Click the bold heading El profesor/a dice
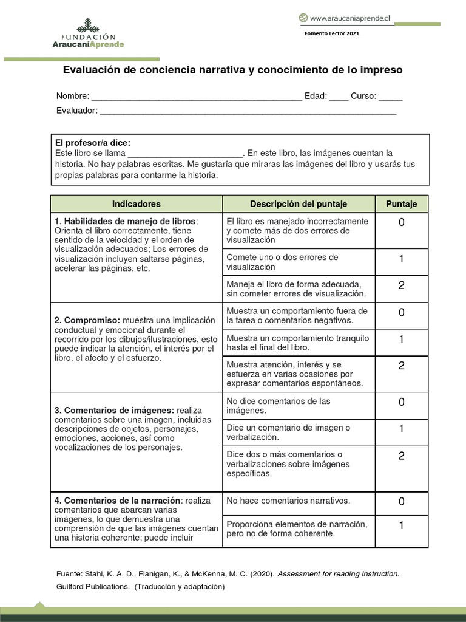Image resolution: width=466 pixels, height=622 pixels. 92,143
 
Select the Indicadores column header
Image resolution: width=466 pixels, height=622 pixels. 137,204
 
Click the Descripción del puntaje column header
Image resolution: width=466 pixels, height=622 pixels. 299,204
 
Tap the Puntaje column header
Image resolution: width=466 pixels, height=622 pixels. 401,204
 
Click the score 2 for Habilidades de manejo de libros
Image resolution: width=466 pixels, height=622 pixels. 401,285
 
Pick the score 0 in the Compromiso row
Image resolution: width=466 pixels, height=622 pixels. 401,312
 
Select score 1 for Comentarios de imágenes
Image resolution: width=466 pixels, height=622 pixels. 401,429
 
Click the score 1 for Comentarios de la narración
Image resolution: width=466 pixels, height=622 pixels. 401,526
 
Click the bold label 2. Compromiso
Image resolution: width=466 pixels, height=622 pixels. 87,320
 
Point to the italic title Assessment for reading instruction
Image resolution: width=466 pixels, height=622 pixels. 338,573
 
